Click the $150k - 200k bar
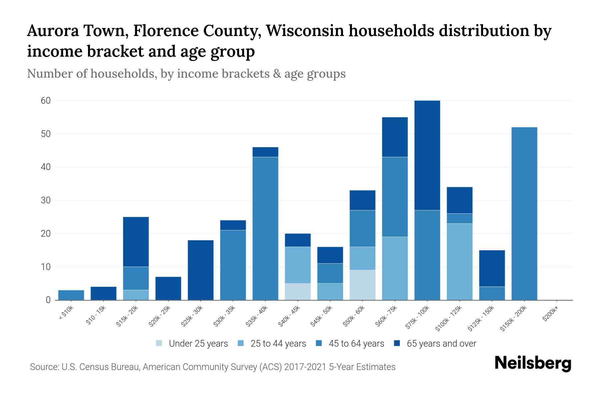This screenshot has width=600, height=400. (524, 213)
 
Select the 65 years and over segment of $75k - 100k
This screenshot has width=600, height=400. (427, 155)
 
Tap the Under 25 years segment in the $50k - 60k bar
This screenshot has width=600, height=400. (362, 285)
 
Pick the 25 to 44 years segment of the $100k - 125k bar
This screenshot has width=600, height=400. (459, 262)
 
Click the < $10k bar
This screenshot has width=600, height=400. (71, 295)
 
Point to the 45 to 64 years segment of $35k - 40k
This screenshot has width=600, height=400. (265, 228)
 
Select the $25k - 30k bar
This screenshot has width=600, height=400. (201, 270)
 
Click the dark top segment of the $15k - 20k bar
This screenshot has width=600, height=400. (136, 242)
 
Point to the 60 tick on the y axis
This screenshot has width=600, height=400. (46, 101)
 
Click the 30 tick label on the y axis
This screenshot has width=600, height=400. (46, 200)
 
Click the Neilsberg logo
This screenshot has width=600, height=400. (533, 364)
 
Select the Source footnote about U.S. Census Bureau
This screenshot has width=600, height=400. (213, 367)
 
